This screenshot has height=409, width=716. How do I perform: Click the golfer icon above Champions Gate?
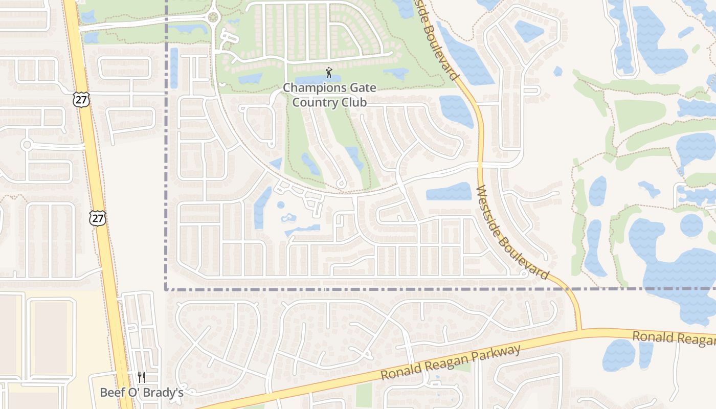tap(328, 73)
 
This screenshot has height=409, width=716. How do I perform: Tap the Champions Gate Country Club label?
tap(329, 95)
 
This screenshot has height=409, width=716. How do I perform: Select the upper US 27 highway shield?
tap(81, 99)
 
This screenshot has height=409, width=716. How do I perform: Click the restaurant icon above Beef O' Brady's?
tap(142, 377)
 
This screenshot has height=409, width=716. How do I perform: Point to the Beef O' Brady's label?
tap(142, 393)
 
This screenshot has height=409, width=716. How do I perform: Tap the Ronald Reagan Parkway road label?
tap(450, 362)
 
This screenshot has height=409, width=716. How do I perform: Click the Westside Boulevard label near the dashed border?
tap(512, 233)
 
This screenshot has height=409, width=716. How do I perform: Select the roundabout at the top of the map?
tap(213, 18)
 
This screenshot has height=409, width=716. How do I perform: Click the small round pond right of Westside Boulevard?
tap(557, 72)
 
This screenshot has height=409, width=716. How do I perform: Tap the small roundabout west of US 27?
tap(27, 145)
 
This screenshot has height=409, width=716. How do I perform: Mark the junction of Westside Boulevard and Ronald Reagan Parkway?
tap(578, 331)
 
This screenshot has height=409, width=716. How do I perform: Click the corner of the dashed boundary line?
tap(167, 289)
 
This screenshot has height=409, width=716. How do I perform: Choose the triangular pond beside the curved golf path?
tap(276, 164)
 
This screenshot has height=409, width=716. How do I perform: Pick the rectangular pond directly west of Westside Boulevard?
tap(449, 192)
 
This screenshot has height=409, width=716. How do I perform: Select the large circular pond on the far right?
tap(691, 225)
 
